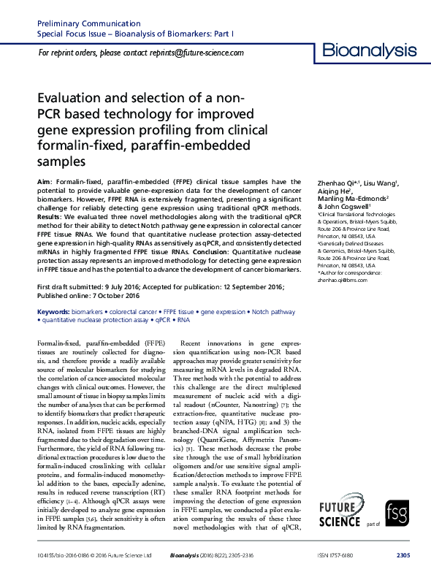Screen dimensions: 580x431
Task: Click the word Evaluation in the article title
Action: pyautogui.click(x=67, y=99)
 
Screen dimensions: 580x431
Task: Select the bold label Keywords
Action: pyautogui.click(x=53, y=312)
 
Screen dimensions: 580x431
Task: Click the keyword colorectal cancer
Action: pyautogui.click(x=130, y=312)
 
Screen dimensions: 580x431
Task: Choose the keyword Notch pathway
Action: pyautogui.click(x=273, y=312)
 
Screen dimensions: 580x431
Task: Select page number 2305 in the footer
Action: pyautogui.click(x=402, y=556)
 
